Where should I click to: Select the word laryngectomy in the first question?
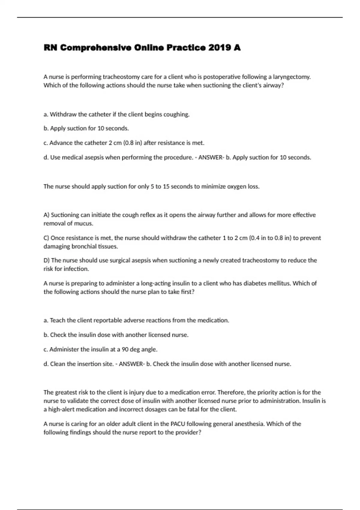click(292, 77)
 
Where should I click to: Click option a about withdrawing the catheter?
click(117, 114)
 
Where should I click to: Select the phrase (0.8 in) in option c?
click(133, 143)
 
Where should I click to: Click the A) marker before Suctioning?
click(46, 215)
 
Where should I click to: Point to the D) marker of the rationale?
click(46, 260)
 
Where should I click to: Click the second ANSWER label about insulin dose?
click(131, 364)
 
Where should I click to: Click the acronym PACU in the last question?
click(178, 424)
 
